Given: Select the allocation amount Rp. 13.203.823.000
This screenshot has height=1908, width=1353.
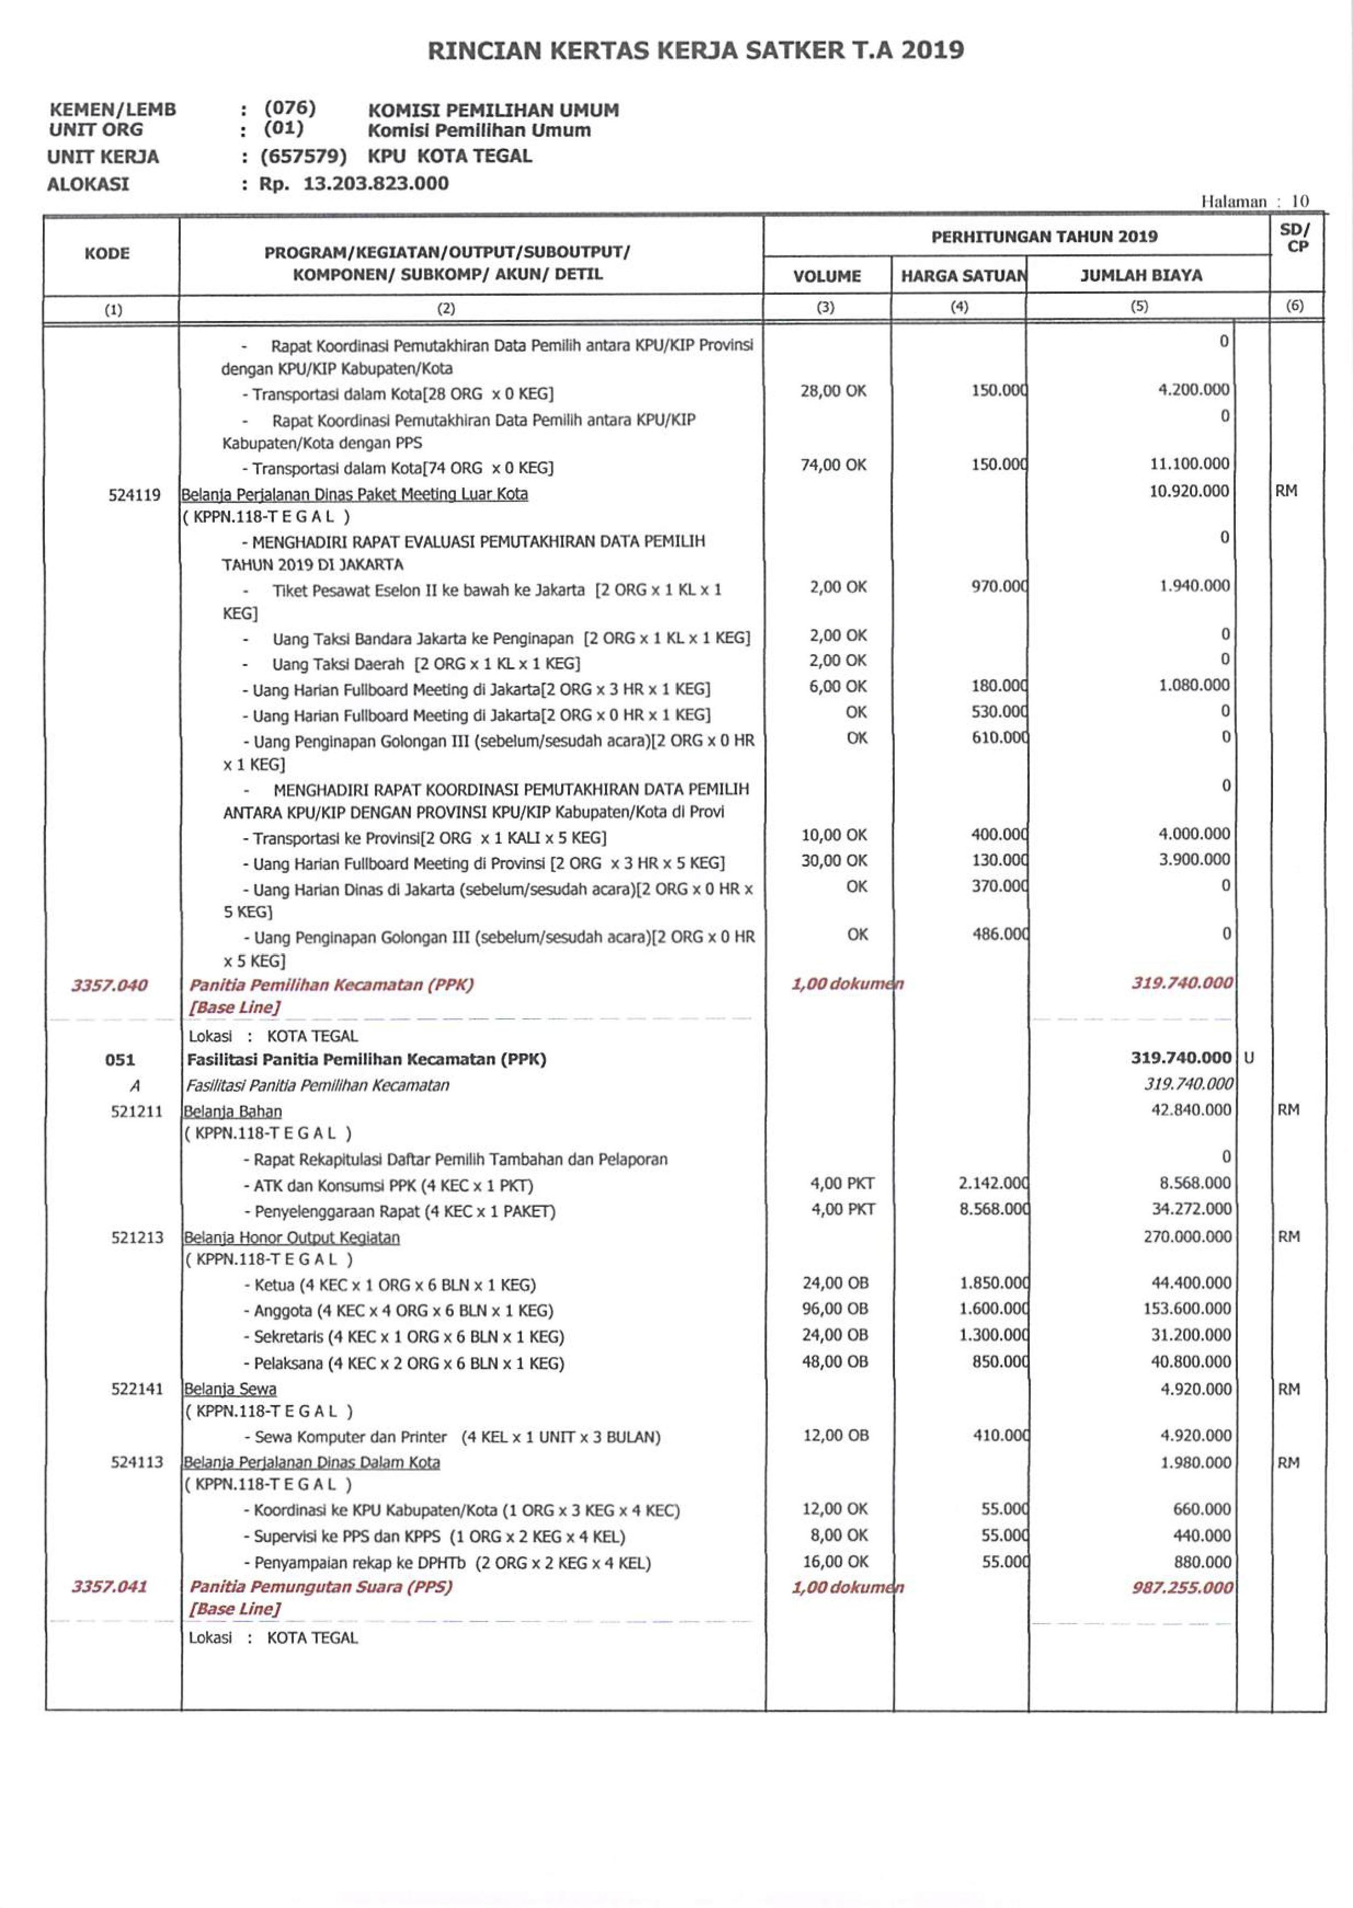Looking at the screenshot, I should click(353, 183).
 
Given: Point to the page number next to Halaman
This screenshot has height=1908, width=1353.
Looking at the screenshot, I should click(1300, 200).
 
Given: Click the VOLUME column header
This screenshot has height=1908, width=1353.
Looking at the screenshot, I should click(826, 276).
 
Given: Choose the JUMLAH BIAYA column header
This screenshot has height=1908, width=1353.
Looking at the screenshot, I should click(1140, 275).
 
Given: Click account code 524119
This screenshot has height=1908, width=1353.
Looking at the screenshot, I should click(134, 495).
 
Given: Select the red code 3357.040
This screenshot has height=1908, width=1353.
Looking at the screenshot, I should click(109, 985).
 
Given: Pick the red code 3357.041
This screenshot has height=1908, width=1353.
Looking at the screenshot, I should click(109, 1586).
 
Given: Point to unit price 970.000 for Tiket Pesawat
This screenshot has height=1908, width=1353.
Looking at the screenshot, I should click(999, 586).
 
